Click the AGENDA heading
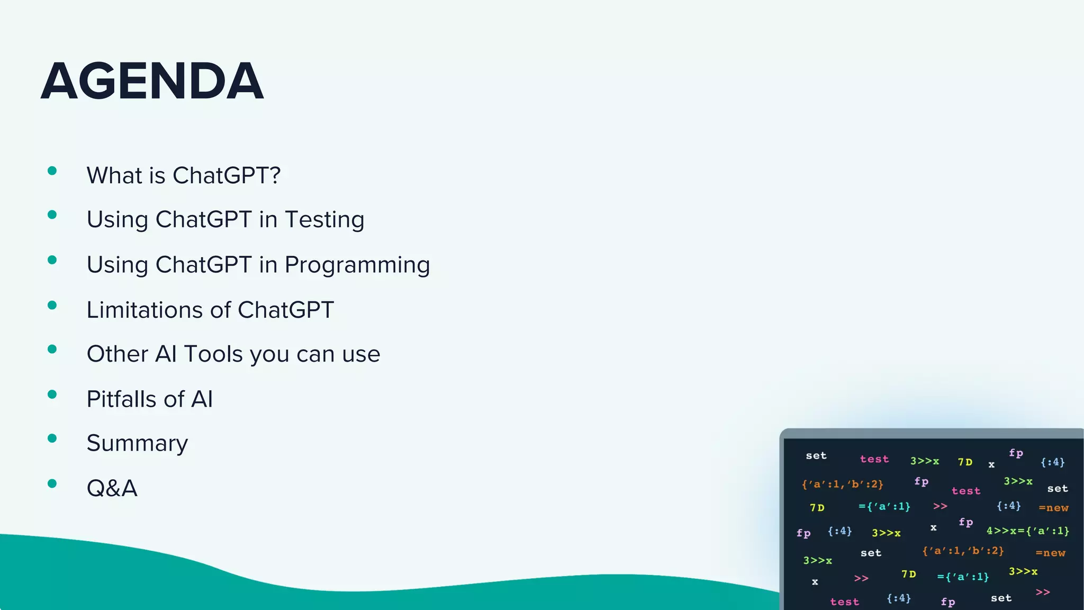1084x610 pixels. (x=152, y=81)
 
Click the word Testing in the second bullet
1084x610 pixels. (x=324, y=220)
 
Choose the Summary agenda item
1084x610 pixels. (x=137, y=444)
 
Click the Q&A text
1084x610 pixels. (x=112, y=488)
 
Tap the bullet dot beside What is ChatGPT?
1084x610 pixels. (x=52, y=171)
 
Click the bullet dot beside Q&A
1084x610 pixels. (x=52, y=483)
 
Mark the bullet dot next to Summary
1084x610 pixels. (x=52, y=438)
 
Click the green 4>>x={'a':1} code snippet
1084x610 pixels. (x=1027, y=531)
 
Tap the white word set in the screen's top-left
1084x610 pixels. (x=816, y=455)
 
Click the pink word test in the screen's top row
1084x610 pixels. (x=874, y=459)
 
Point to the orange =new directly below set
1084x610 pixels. (x=1053, y=508)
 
